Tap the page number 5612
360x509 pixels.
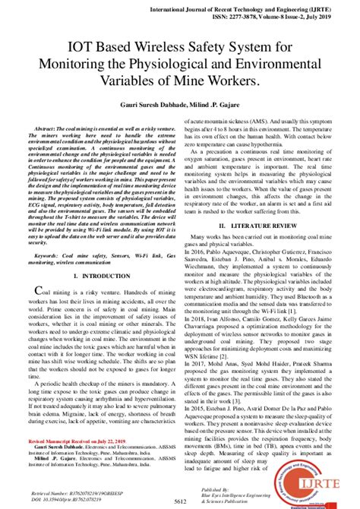[180, 501]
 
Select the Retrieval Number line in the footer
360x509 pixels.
[74, 491]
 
